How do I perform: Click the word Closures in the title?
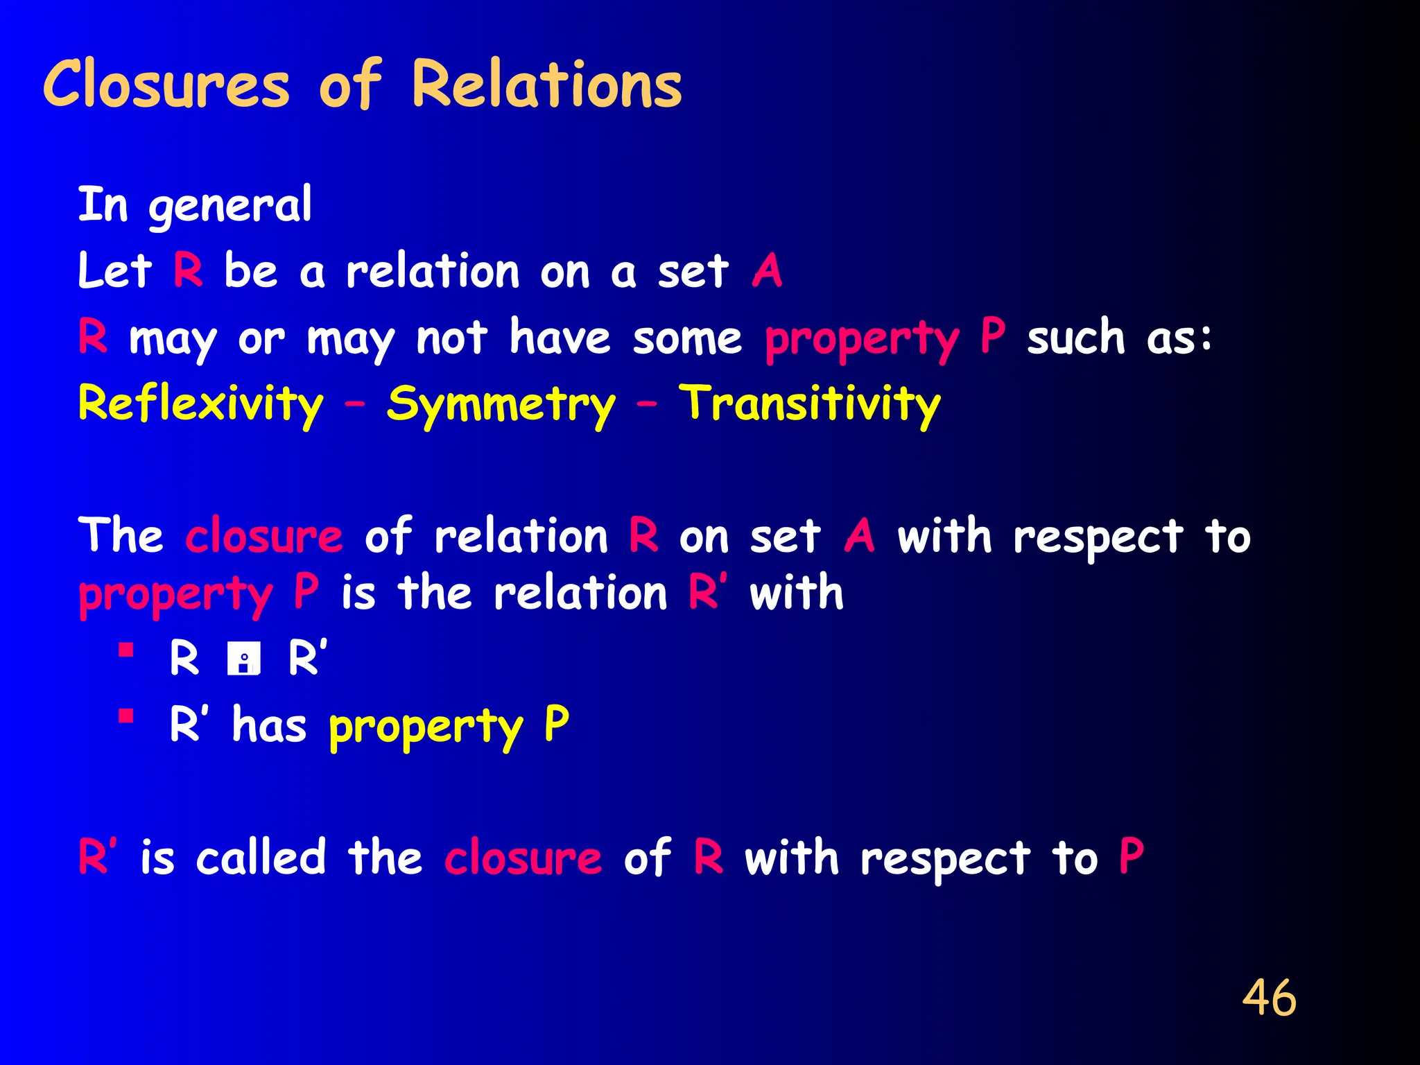pyautogui.click(x=166, y=85)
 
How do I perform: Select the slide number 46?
pyautogui.click(x=1268, y=998)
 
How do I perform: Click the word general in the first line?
pyautogui.click(x=230, y=206)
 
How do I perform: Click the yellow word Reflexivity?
pyautogui.click(x=200, y=404)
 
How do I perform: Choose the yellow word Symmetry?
pyautogui.click(x=501, y=404)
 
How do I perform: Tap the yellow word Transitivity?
pyautogui.click(x=809, y=404)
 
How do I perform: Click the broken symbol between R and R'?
pyautogui.click(x=243, y=659)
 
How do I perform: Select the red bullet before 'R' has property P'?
pyautogui.click(x=125, y=716)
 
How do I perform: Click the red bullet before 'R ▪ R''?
pyautogui.click(x=125, y=650)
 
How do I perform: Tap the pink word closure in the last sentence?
pyautogui.click(x=523, y=858)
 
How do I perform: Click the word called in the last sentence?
pyautogui.click(x=261, y=858)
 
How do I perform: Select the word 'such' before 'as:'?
pyautogui.click(x=1075, y=338)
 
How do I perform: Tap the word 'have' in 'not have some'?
pyautogui.click(x=560, y=338)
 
